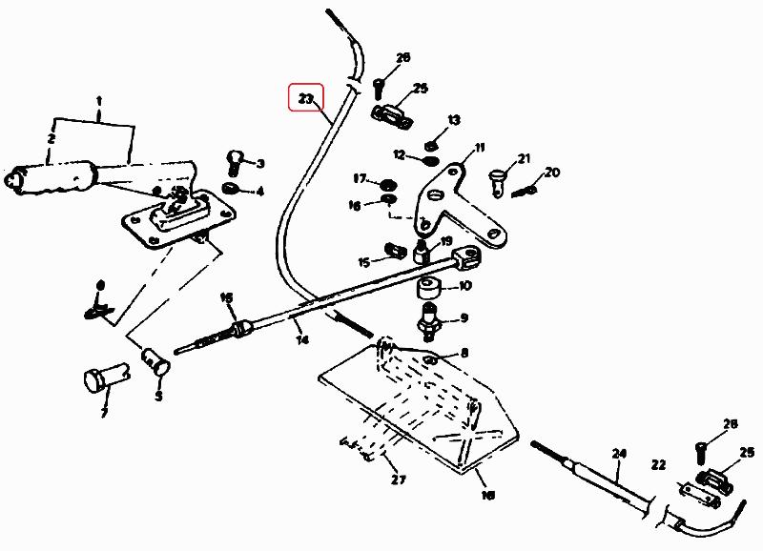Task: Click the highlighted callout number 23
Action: [306, 98]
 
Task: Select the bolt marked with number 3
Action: [235, 161]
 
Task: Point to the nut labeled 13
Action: [431, 144]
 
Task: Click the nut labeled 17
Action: [388, 182]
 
